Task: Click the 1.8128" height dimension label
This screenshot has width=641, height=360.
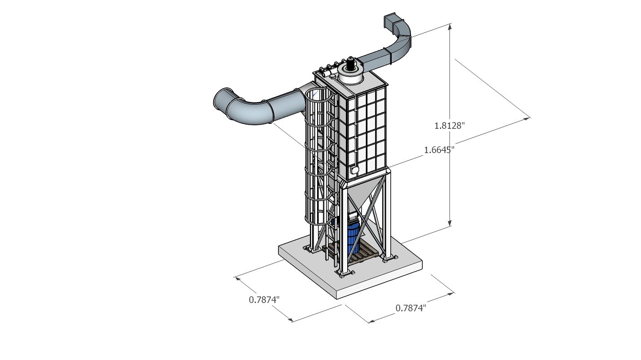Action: [x=449, y=126]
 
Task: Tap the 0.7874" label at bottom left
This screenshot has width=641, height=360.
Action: [x=264, y=299]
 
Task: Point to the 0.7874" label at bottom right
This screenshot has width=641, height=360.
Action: [x=411, y=308]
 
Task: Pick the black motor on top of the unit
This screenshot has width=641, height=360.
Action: [x=349, y=64]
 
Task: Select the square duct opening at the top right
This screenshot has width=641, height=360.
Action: [x=389, y=21]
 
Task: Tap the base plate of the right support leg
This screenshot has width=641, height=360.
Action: [x=389, y=258]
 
